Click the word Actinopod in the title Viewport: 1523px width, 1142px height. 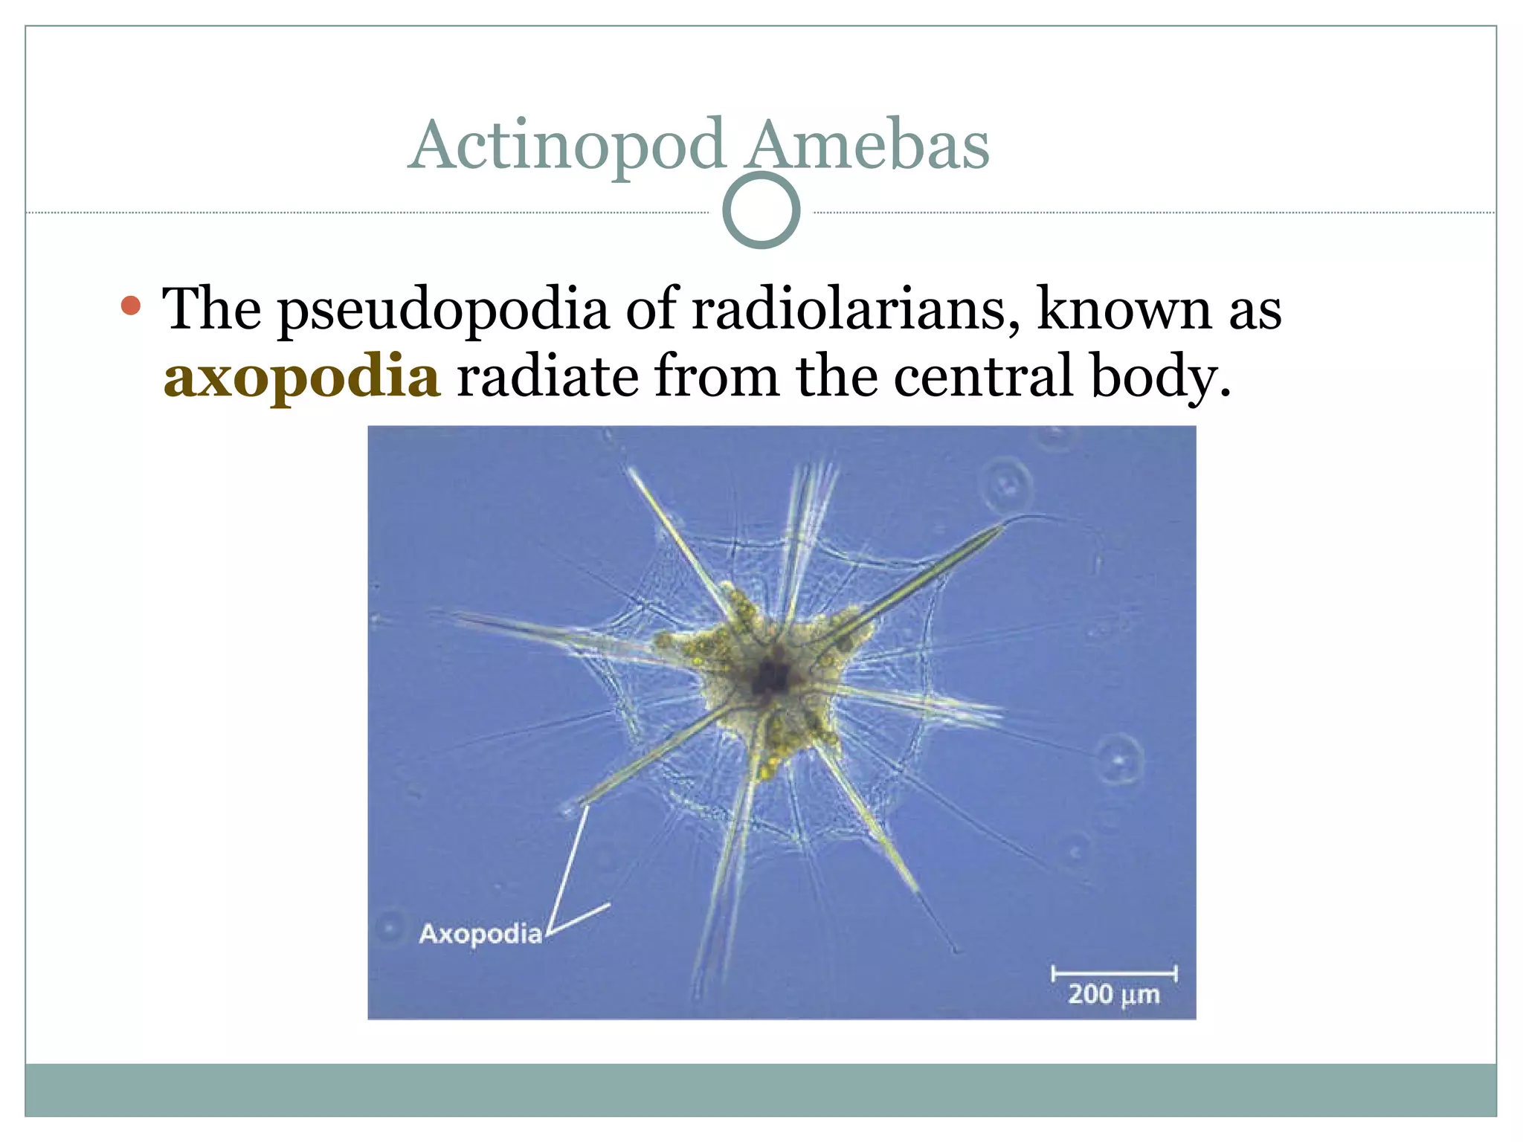pos(567,146)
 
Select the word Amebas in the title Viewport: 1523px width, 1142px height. pos(868,146)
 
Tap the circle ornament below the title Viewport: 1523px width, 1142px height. pos(761,210)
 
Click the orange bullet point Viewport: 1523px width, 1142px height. pos(131,305)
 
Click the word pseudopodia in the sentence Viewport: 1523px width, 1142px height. pos(443,310)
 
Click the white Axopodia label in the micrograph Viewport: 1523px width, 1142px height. pos(480,934)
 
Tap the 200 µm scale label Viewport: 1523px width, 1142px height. pos(1113,994)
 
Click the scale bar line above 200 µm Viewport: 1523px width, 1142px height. pos(1113,972)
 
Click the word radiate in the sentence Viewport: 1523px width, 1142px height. pos(547,375)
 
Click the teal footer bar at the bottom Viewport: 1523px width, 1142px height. pos(761,1089)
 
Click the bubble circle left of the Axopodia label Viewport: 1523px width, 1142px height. pos(389,927)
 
